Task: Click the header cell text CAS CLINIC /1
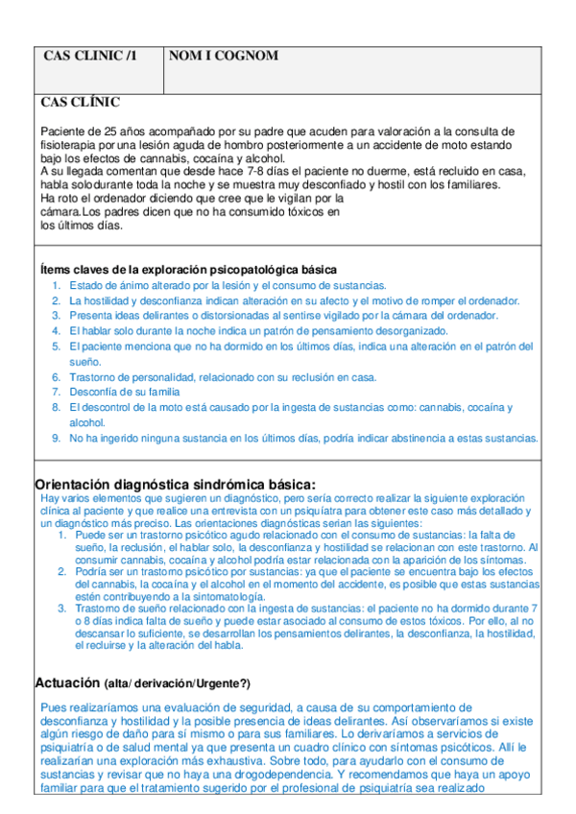[x=90, y=57]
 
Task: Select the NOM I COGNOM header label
[x=223, y=57]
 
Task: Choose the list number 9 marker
[x=57, y=438]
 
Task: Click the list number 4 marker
[x=57, y=330]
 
